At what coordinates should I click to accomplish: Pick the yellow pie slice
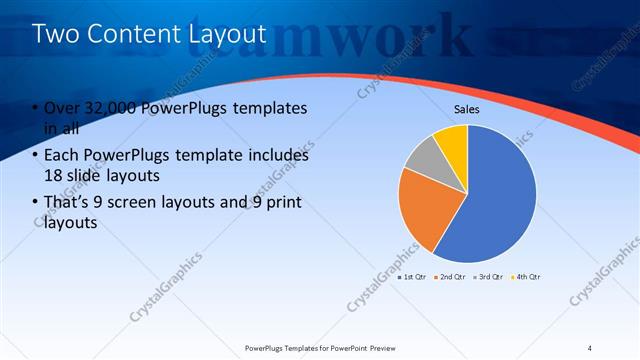pyautogui.click(x=451, y=140)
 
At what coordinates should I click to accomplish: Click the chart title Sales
pyautogui.click(x=467, y=108)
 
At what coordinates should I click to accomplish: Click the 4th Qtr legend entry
pyautogui.click(x=527, y=276)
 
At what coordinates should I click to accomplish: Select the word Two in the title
pyautogui.click(x=55, y=35)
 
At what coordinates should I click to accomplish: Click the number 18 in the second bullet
pyautogui.click(x=54, y=177)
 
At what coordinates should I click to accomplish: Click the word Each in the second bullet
pyautogui.click(x=61, y=156)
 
